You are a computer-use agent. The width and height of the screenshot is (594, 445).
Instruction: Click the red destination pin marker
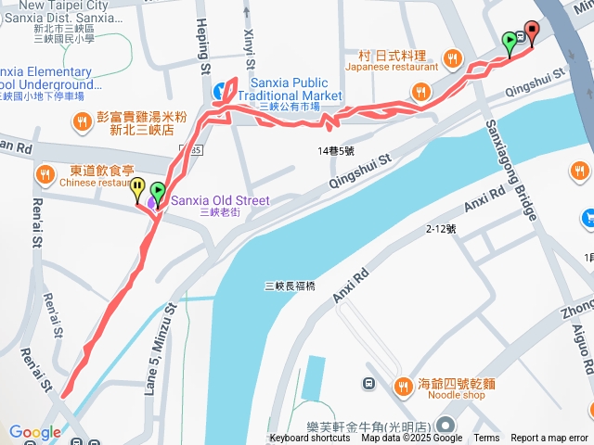click(x=532, y=32)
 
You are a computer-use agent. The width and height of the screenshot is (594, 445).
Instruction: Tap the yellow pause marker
click(x=137, y=189)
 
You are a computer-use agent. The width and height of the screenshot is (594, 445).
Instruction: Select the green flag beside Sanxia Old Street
click(x=157, y=194)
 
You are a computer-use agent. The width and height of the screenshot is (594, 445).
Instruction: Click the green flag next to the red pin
click(x=510, y=43)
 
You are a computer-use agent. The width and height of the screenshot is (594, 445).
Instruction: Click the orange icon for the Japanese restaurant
click(x=453, y=57)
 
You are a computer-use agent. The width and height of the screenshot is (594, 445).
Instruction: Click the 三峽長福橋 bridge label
click(x=290, y=286)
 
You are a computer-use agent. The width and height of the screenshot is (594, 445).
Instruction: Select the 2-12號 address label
click(x=441, y=228)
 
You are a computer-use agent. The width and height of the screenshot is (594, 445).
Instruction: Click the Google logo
click(x=35, y=432)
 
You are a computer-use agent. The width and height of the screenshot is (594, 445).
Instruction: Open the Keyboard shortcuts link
click(x=310, y=439)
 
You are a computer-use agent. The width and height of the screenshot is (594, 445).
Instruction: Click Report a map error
click(x=549, y=439)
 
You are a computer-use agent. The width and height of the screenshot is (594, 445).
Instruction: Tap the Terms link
click(x=486, y=439)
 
